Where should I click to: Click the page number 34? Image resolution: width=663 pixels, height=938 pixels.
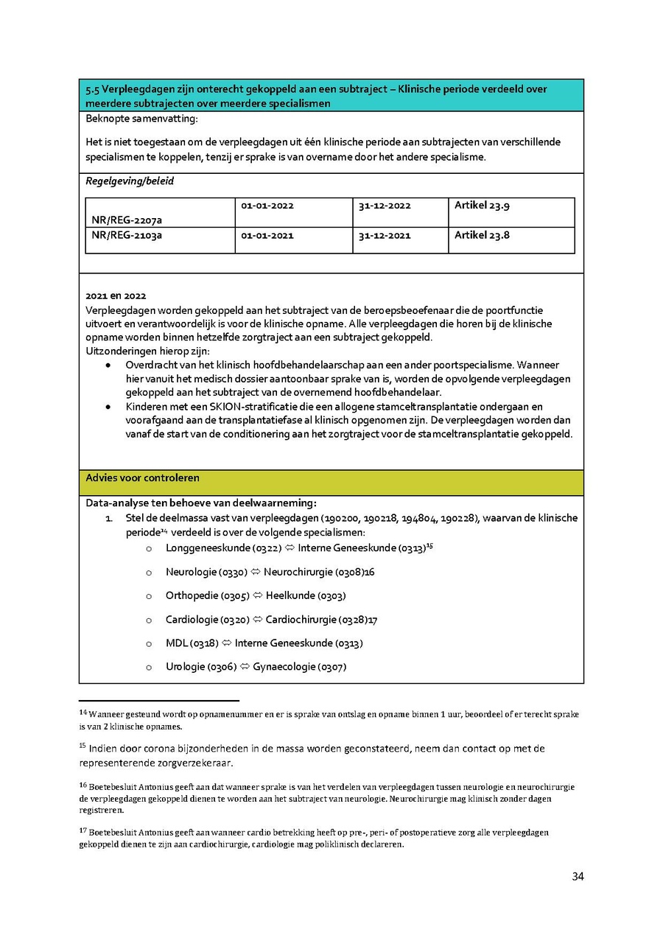click(x=578, y=876)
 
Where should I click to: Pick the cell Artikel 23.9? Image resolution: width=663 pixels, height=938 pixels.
click(x=482, y=206)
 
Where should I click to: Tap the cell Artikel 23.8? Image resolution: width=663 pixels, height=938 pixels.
click(x=482, y=236)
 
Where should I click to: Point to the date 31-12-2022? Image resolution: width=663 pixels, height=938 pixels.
click(x=385, y=206)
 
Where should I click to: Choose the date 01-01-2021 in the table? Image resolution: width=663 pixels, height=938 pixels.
click(x=267, y=236)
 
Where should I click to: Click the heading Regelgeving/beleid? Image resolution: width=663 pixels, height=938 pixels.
click(x=130, y=181)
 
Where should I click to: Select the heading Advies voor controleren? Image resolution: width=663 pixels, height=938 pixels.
click(x=142, y=477)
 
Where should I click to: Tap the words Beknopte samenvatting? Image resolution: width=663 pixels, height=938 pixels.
click(x=141, y=119)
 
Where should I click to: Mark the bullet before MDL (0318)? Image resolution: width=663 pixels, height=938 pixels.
click(x=149, y=643)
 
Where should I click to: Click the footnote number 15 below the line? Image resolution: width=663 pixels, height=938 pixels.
click(x=83, y=746)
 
